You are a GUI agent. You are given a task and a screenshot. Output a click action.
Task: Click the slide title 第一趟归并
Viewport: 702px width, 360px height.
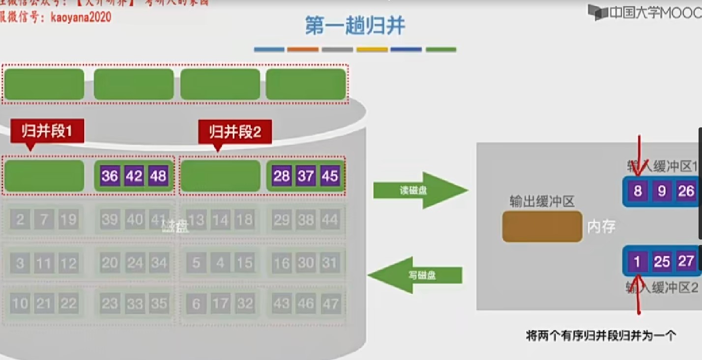point(355,26)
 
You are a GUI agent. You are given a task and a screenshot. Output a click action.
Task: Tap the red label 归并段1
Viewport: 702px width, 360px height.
point(47,131)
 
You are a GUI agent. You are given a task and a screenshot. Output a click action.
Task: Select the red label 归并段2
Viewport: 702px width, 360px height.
point(234,132)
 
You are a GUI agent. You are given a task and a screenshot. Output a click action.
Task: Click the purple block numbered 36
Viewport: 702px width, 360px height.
point(110,176)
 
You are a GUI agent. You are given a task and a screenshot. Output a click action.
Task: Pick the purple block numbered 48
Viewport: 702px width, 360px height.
point(158,176)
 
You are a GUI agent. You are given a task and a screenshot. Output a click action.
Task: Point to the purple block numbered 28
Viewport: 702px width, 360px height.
point(282,176)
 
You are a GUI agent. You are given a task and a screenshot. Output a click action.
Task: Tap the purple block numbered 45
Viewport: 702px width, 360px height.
point(330,176)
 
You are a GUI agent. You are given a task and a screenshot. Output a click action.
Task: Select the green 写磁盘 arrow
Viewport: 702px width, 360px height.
point(417,275)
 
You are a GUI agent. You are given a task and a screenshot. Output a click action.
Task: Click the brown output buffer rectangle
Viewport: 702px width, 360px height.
point(542,227)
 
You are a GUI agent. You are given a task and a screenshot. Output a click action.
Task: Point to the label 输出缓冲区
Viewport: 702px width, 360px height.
point(542,201)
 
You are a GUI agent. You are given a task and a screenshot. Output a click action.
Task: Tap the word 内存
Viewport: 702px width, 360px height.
point(601,227)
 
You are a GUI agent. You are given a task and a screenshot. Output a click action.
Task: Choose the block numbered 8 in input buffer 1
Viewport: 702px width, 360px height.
point(638,191)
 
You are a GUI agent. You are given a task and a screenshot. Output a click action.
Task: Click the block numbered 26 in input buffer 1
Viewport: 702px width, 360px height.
point(686,191)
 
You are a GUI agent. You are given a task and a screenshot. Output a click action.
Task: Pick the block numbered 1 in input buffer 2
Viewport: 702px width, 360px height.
point(638,261)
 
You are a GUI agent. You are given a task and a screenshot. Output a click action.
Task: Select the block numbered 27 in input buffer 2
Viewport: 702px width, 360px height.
point(686,261)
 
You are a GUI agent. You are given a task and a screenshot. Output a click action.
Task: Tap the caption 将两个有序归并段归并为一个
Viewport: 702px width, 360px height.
point(601,336)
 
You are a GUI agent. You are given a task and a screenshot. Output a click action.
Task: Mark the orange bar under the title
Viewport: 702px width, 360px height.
point(303,50)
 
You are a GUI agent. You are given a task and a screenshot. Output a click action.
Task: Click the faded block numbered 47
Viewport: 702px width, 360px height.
point(330,304)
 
